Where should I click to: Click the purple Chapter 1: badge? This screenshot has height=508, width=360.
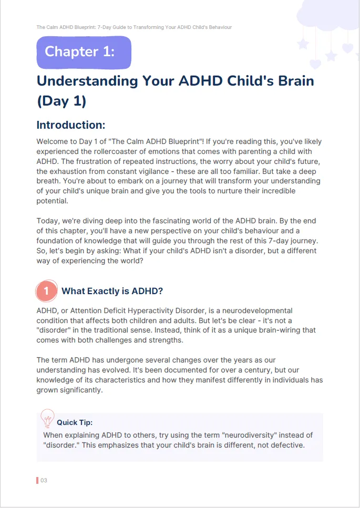click(x=84, y=51)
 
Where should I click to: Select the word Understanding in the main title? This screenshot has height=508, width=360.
click(x=84, y=81)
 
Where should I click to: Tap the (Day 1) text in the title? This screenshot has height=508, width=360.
click(x=61, y=101)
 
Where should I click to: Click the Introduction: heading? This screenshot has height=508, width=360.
click(x=71, y=125)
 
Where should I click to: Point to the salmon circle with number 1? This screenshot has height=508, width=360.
click(x=46, y=291)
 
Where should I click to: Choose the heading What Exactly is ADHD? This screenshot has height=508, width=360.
click(x=112, y=291)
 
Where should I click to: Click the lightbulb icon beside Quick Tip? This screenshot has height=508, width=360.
click(x=47, y=418)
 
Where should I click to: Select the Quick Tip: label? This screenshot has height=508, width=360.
click(x=75, y=422)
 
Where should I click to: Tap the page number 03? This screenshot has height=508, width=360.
click(x=44, y=480)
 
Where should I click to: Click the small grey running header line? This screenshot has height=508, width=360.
click(x=134, y=27)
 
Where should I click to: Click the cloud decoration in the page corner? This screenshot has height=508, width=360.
click(x=328, y=16)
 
